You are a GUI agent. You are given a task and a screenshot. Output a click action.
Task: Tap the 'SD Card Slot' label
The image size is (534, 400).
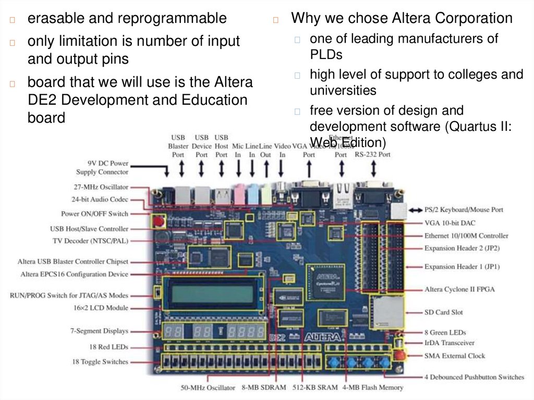pyautogui.click(x=443, y=312)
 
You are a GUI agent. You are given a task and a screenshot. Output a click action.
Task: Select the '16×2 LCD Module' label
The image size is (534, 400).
pyautogui.click(x=101, y=308)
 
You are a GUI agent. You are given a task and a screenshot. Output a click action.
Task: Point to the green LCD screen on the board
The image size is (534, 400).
pyautogui.click(x=212, y=294)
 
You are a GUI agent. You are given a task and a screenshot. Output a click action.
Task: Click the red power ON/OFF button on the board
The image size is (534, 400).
pyautogui.click(x=157, y=221)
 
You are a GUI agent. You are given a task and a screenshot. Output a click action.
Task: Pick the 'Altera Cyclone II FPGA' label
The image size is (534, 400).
pyautogui.click(x=459, y=289)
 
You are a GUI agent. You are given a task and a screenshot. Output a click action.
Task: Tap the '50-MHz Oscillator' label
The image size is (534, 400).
pyautogui.click(x=207, y=387)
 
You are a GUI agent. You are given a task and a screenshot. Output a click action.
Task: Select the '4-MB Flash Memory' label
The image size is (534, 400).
pyautogui.click(x=373, y=387)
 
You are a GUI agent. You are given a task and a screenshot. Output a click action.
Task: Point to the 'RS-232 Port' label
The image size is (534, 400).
pyautogui.click(x=372, y=154)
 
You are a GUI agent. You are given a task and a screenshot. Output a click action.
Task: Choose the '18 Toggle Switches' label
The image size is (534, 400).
pyautogui.click(x=100, y=361)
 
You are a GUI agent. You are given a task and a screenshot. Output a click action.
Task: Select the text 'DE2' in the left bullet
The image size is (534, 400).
pyautogui.click(x=42, y=100)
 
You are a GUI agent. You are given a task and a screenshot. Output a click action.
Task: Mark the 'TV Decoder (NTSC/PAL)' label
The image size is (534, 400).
pyautogui.click(x=90, y=240)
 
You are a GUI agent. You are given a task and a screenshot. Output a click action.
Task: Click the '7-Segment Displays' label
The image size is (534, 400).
pyautogui.click(x=99, y=331)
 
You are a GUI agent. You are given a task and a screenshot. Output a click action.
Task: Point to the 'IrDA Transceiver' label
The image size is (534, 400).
pyautogui.click(x=449, y=343)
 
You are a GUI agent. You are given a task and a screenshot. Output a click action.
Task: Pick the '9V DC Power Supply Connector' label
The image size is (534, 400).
pyautogui.click(x=102, y=167)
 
